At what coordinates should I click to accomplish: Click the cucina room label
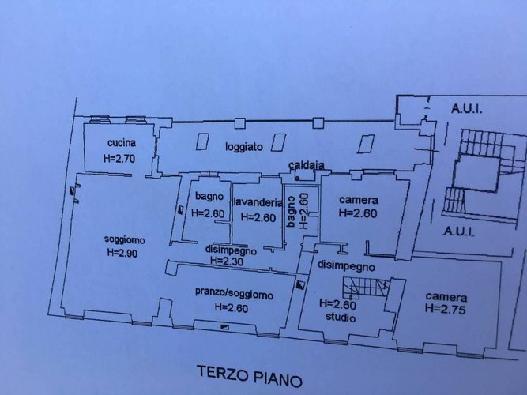pyautogui.click(x=122, y=143)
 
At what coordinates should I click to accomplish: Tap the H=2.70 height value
pyautogui.click(x=121, y=159)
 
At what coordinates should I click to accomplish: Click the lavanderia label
pyautogui.click(x=258, y=201)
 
